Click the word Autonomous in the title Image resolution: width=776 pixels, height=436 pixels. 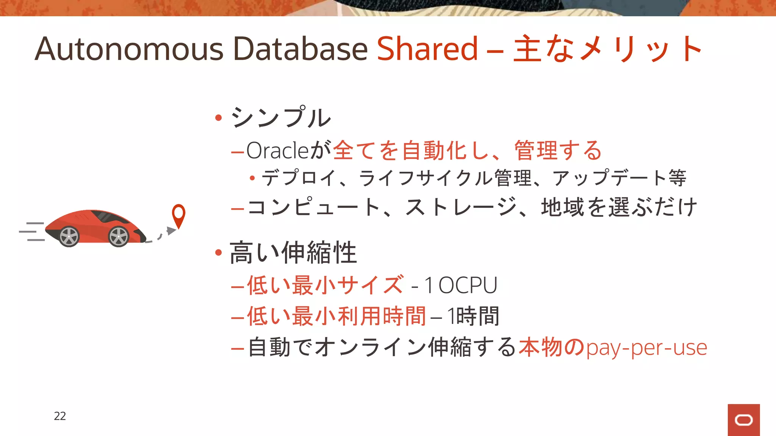click(129, 49)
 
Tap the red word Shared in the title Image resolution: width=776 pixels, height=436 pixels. click(427, 49)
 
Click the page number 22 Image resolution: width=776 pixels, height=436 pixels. click(60, 416)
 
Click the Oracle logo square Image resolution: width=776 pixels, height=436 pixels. click(743, 420)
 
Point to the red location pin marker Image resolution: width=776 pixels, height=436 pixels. click(178, 214)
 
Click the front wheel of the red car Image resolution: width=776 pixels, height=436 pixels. click(119, 237)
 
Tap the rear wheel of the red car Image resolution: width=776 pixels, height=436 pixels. click(69, 237)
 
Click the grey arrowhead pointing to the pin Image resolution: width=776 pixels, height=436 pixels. click(171, 230)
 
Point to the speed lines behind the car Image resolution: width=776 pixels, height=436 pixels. click(32, 231)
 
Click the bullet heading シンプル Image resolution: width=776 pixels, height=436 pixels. click(281, 117)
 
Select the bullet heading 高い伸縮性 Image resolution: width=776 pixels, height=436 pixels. click(293, 252)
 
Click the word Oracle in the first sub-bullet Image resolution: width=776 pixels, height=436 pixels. click(278, 151)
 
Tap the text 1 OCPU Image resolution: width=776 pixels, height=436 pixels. click(460, 285)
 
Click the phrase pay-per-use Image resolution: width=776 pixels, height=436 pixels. click(646, 347)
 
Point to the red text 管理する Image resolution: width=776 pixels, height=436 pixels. click(558, 151)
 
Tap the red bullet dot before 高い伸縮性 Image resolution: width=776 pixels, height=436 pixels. click(218, 252)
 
